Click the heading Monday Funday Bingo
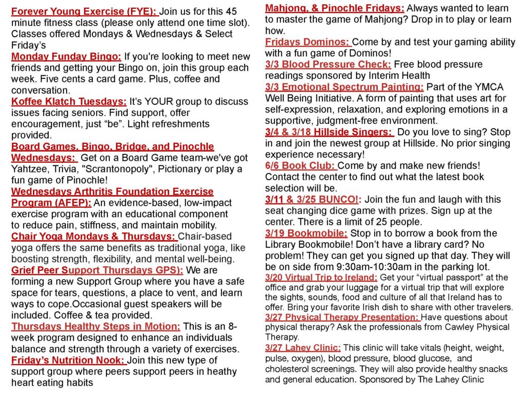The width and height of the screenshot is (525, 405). [x=66, y=56]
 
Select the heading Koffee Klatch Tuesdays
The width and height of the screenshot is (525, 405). [x=69, y=101]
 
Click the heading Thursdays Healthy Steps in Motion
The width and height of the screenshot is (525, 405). [x=96, y=327]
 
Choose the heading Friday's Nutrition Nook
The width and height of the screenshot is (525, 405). [x=68, y=360]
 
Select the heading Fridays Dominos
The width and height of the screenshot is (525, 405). [x=308, y=42]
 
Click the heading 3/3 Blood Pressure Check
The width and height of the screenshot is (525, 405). [x=328, y=65]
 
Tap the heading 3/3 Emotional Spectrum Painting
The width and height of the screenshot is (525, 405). [x=345, y=87]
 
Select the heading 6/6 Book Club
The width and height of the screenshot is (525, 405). [x=300, y=166]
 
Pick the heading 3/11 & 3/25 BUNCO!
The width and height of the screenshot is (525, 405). [x=313, y=200]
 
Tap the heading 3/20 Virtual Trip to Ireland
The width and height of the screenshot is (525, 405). [x=321, y=278]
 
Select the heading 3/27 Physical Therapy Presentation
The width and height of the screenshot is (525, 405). [x=342, y=317]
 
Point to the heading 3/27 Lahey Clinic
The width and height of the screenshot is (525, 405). [x=302, y=348]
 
